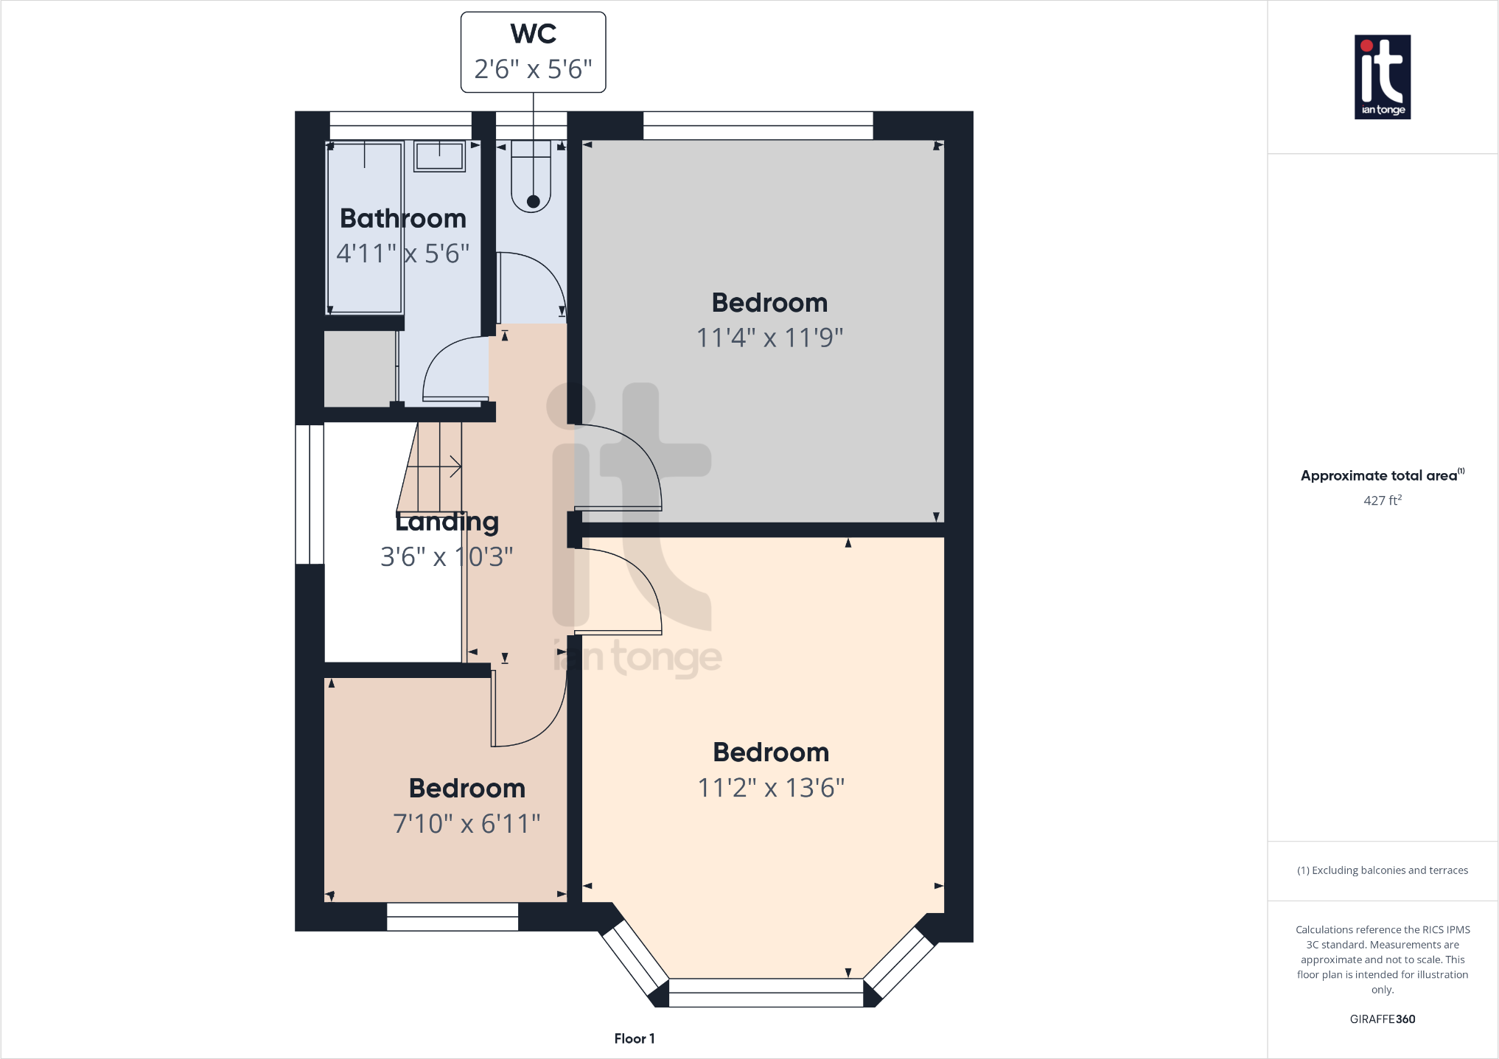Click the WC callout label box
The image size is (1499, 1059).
pyautogui.click(x=533, y=52)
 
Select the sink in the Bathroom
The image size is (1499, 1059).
pyautogui.click(x=439, y=156)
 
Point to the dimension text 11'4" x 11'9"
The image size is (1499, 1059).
pyautogui.click(x=769, y=338)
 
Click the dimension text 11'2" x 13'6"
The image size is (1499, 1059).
pyautogui.click(x=771, y=788)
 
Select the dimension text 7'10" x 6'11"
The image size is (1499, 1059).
pyautogui.click(x=467, y=823)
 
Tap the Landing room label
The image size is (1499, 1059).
pyautogui.click(x=447, y=522)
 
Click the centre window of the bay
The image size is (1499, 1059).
pyautogui.click(x=766, y=993)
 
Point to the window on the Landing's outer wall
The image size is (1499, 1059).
pyautogui.click(x=310, y=494)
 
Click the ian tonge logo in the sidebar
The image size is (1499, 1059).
pyautogui.click(x=1382, y=77)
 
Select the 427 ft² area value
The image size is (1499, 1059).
pyautogui.click(x=1382, y=500)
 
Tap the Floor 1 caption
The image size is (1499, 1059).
pyautogui.click(x=634, y=1038)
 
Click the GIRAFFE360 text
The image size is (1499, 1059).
pyautogui.click(x=1382, y=1019)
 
